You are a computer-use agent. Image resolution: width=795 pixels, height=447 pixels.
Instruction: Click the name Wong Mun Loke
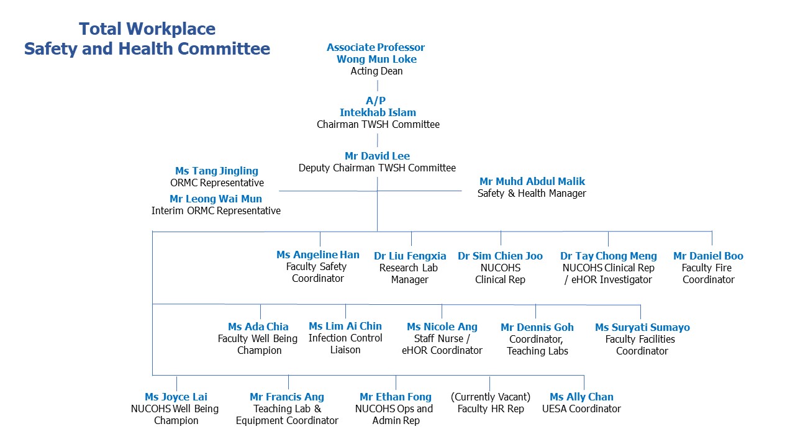point(376,59)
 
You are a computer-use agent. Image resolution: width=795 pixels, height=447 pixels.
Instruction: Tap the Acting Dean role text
point(376,71)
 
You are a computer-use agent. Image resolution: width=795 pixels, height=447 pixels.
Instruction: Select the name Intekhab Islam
point(378,112)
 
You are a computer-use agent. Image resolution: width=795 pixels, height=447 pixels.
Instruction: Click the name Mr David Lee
point(377,156)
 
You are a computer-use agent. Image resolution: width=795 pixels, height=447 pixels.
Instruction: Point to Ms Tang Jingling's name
point(217,171)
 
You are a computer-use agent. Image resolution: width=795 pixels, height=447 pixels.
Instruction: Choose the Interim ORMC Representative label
point(216,210)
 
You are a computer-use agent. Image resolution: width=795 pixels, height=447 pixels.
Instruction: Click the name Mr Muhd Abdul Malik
point(532,181)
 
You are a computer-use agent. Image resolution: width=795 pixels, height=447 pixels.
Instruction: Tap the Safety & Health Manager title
point(532,193)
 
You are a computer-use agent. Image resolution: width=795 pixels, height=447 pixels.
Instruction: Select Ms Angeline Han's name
point(318,255)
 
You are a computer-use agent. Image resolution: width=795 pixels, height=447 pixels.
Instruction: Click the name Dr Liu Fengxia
point(410,256)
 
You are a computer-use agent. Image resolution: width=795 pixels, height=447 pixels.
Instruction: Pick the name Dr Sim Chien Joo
point(500,256)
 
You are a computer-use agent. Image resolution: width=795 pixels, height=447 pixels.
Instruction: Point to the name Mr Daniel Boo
point(709,256)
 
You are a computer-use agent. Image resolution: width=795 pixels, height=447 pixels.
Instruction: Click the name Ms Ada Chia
point(258,327)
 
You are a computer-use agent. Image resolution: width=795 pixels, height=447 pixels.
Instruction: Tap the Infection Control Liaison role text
point(345,344)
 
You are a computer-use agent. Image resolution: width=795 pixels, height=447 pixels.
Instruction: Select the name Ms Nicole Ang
point(442,327)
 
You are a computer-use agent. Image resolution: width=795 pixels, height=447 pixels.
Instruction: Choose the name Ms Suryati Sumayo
point(642,327)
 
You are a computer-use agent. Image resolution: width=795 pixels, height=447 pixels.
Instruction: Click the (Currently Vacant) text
point(491,397)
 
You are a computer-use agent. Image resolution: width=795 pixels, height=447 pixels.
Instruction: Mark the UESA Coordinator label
point(581,409)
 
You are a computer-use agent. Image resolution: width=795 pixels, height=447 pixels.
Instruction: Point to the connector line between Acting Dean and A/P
point(377,86)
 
